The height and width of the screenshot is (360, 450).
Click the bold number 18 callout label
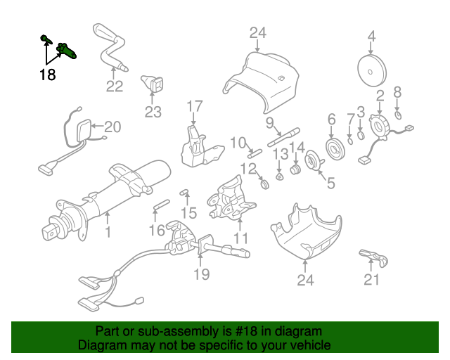(x=47, y=75)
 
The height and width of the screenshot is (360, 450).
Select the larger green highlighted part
(x=67, y=50)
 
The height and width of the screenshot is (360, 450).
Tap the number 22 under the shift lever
(x=115, y=86)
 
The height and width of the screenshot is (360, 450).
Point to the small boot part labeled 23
(x=153, y=85)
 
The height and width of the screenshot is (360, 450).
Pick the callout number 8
(x=397, y=91)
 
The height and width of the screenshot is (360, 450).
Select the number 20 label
(x=112, y=127)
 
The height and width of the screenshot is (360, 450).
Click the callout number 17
(x=194, y=106)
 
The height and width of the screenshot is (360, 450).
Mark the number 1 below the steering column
(x=108, y=231)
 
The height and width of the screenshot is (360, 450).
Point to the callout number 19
(x=202, y=274)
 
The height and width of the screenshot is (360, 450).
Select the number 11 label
(x=241, y=238)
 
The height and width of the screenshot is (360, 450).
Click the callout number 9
(x=269, y=123)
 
